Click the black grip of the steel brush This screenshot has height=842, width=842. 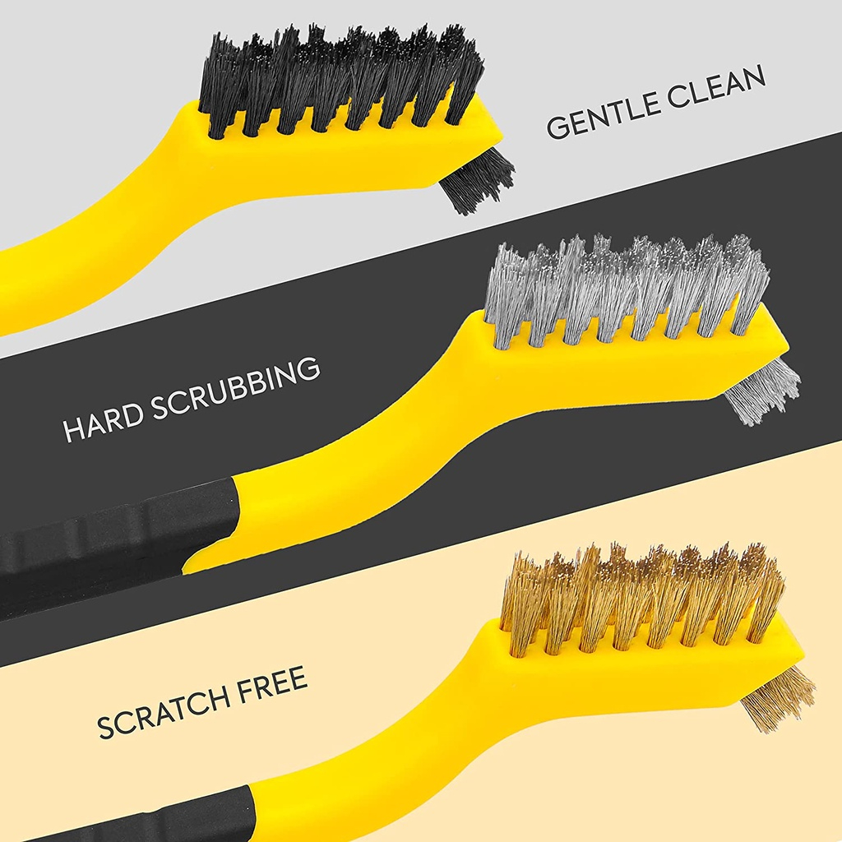(x=107, y=543)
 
